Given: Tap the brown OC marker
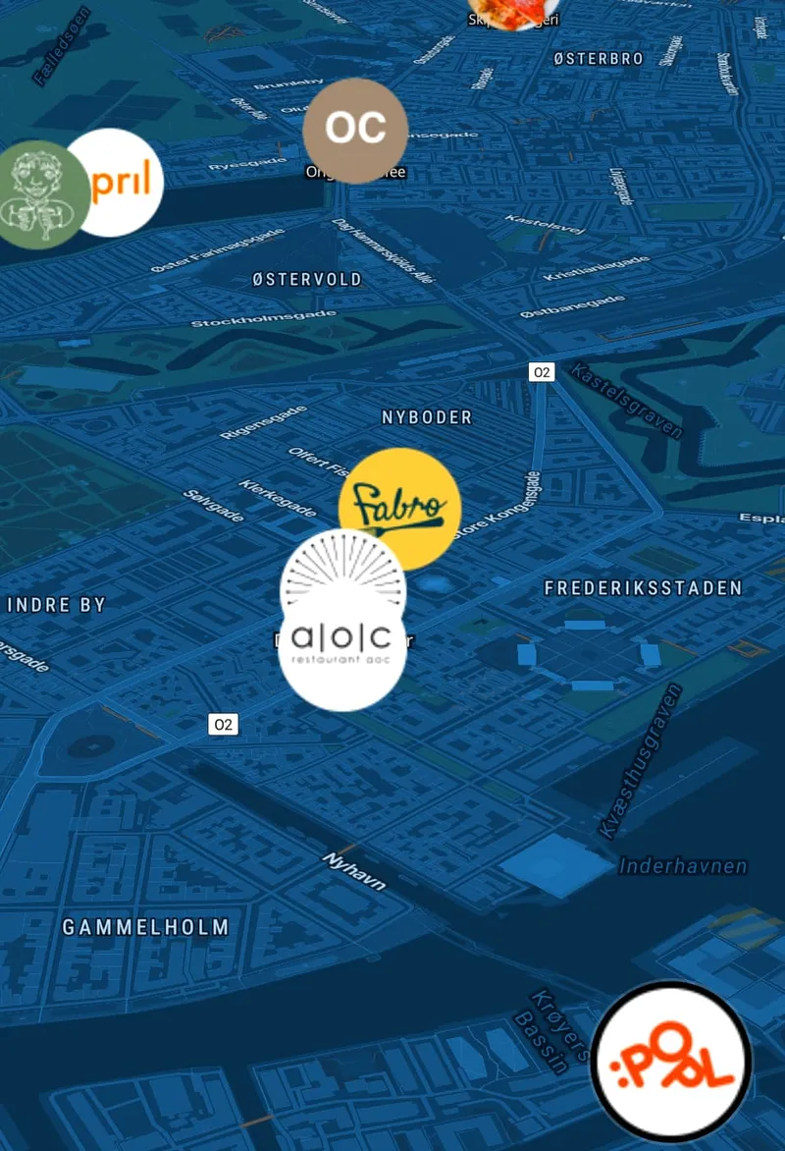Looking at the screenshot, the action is click(354, 130).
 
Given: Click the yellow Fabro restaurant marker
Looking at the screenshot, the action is click(400, 509).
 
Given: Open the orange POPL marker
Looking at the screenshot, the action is click(672, 1060).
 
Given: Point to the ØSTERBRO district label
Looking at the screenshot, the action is click(599, 59).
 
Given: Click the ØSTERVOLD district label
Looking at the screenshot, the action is click(307, 280).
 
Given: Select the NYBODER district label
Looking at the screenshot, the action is click(427, 417).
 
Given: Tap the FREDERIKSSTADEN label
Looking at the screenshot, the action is click(643, 588).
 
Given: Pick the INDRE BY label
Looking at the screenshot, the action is click(56, 605).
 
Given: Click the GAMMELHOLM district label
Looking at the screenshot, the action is click(145, 927).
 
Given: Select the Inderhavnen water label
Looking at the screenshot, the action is click(683, 866).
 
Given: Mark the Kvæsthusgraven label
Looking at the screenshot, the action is click(639, 762).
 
